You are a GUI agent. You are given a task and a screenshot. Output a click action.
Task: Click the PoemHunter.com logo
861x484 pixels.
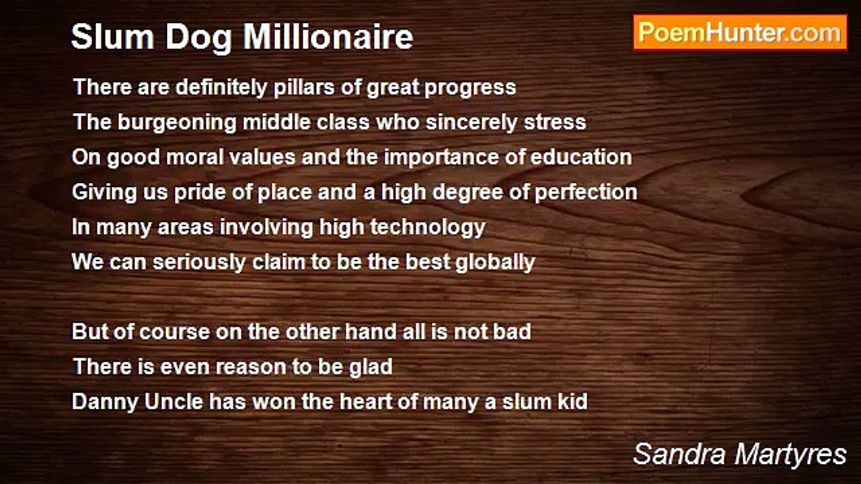pos(740,32)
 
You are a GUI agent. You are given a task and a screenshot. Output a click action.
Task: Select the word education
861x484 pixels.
pos(581,157)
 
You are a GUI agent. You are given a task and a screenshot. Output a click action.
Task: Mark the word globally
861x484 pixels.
pos(495,262)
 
